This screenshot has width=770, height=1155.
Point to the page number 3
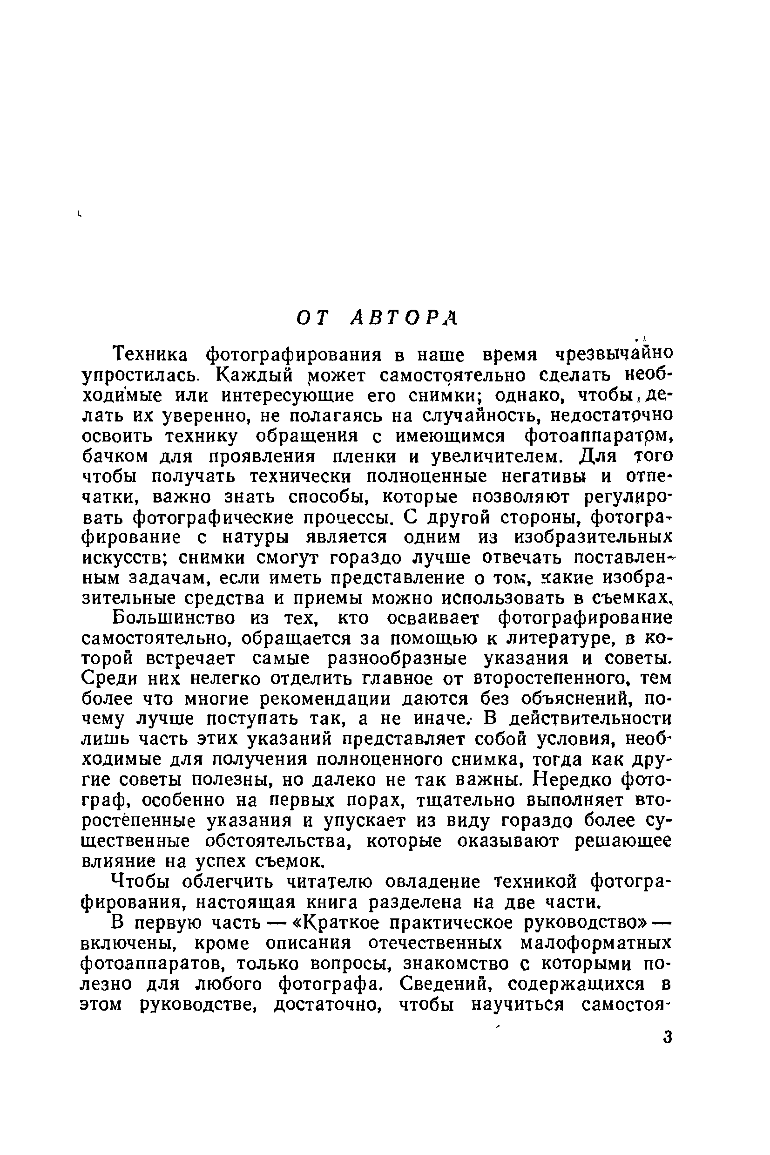[666, 1037]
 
